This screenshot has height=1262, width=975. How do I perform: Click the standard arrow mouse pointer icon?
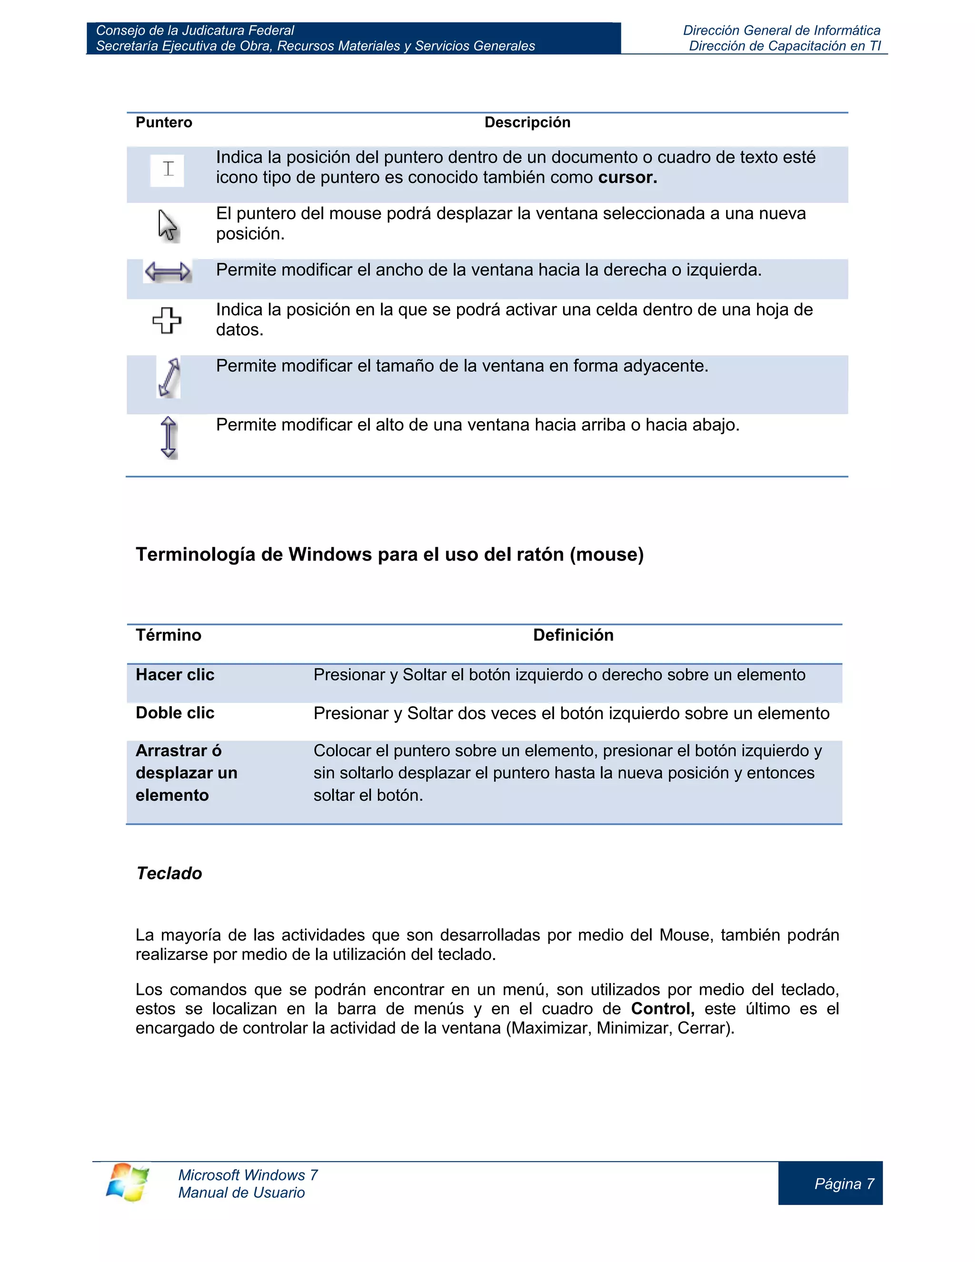click(x=168, y=225)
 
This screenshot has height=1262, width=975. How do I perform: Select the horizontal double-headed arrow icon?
click(x=168, y=271)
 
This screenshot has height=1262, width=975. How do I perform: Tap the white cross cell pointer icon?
click(x=167, y=320)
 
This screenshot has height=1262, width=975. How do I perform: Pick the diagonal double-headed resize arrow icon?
click(x=169, y=377)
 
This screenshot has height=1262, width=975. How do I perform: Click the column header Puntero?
click(x=163, y=122)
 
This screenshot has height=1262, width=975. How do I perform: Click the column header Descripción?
click(x=527, y=122)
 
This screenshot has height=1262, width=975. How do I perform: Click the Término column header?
click(x=168, y=635)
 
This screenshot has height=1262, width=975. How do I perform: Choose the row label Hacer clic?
click(x=174, y=675)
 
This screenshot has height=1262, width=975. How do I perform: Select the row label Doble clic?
click(x=174, y=713)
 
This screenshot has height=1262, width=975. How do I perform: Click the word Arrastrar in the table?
click(x=171, y=751)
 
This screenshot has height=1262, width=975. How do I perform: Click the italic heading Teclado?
click(x=169, y=873)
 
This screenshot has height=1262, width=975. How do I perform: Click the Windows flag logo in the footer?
click(x=128, y=1182)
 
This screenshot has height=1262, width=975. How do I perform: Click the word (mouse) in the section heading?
click(x=607, y=555)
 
